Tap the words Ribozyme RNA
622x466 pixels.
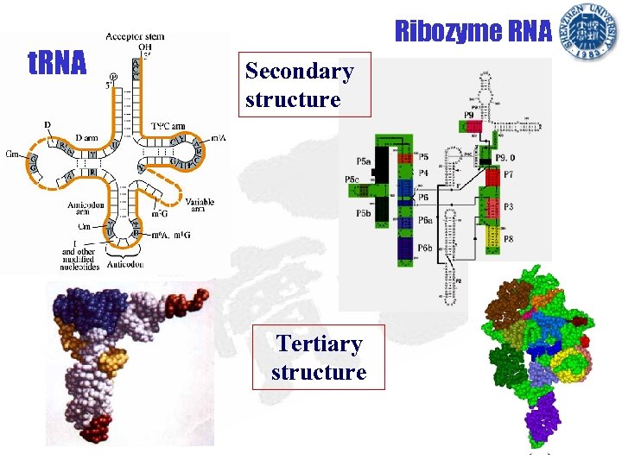tap(473, 32)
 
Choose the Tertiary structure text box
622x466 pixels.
tap(318, 358)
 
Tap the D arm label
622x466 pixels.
tap(86, 137)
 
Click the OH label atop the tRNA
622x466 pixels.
tap(144, 47)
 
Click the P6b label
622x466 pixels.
tap(424, 248)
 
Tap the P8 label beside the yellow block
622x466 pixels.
tap(509, 238)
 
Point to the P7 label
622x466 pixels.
tap(509, 174)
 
